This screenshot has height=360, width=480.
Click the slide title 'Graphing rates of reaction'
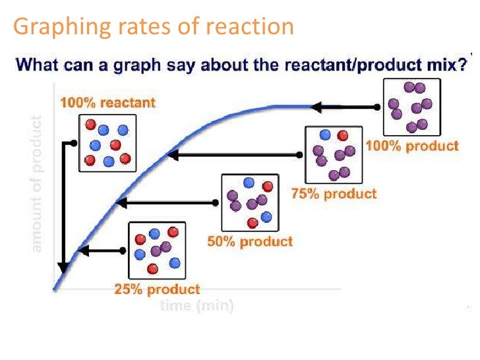(153, 26)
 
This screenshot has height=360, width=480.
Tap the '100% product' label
(412, 146)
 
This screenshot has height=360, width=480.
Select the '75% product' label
(334, 193)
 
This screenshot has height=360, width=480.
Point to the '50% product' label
(249, 241)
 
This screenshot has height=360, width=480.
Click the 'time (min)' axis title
(196, 307)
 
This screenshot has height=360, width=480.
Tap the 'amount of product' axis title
(36, 185)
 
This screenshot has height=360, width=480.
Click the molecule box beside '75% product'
(334, 155)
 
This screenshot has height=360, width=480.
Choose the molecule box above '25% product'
(156, 251)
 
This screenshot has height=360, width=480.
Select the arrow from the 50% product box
(167, 202)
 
